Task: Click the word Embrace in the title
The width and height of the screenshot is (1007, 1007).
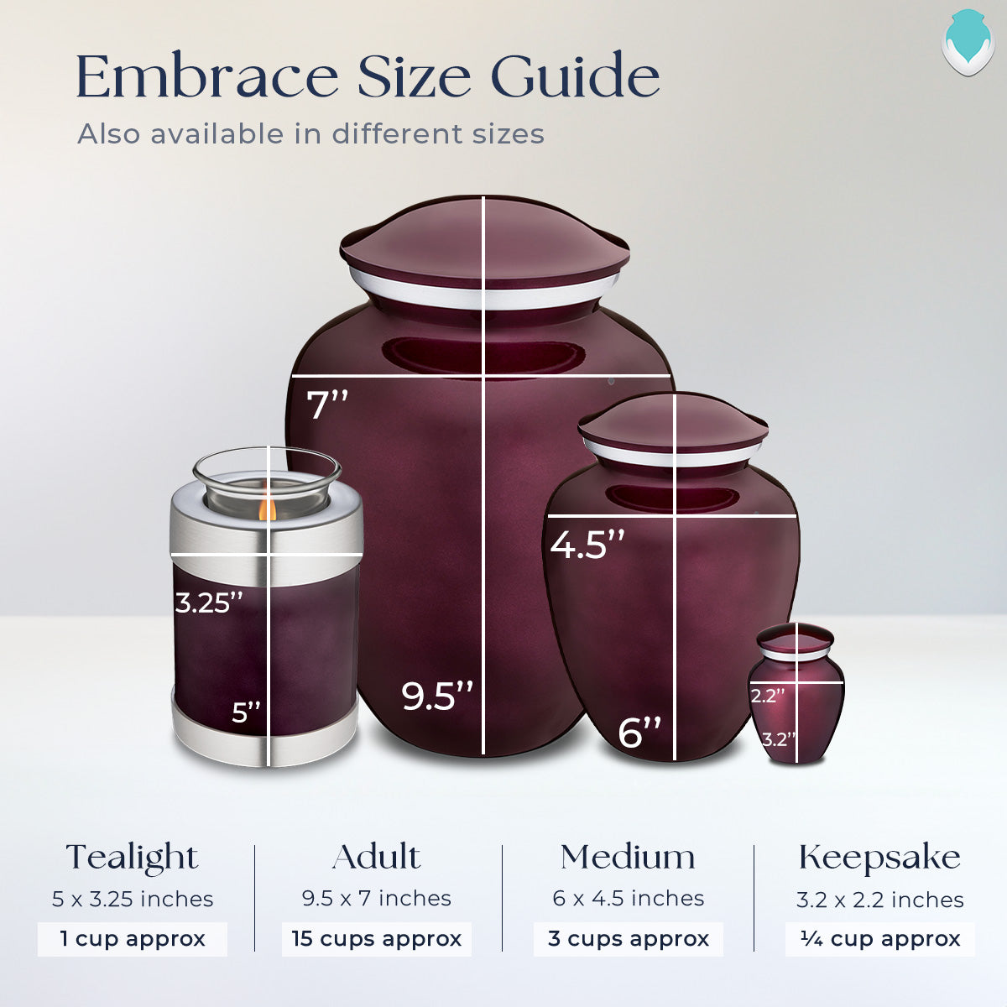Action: (206, 77)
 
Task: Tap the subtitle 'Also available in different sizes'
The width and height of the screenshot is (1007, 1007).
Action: (310, 134)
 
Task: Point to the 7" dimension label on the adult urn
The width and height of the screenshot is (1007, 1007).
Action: (326, 404)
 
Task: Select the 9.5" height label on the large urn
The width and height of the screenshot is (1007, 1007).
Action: (437, 697)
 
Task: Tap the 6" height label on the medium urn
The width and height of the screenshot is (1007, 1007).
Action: (639, 732)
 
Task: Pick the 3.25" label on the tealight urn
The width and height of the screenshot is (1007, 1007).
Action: (209, 602)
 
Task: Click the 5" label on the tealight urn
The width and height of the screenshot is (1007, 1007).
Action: (247, 712)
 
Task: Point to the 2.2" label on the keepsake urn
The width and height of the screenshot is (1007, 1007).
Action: (768, 695)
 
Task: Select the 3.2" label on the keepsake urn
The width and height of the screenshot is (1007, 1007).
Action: (779, 739)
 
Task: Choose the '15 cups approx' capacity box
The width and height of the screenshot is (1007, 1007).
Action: (377, 938)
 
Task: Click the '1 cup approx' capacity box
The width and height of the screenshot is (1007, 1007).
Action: (133, 938)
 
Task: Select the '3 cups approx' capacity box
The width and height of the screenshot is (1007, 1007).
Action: (629, 938)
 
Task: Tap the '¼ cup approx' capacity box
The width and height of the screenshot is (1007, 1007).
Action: (880, 938)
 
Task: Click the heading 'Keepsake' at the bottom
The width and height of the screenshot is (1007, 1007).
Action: (880, 858)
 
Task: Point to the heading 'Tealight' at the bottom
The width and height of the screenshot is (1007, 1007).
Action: (133, 858)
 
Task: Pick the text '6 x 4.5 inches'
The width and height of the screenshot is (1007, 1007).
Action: (629, 899)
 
